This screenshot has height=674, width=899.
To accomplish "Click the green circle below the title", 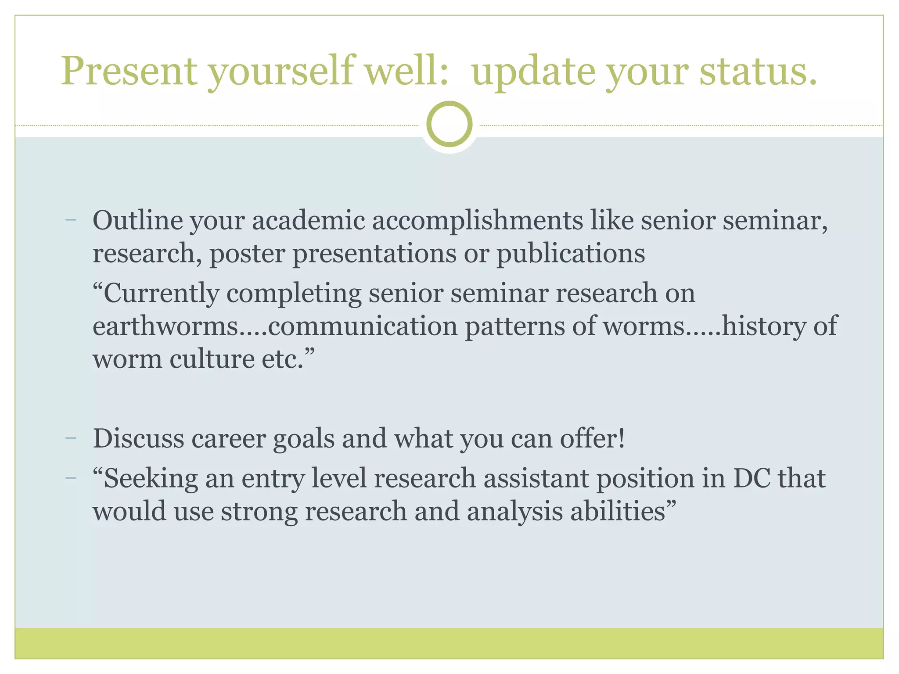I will (x=449, y=124).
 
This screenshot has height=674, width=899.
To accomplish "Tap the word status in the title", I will (x=758, y=71).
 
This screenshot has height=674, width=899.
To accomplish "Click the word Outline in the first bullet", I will (x=137, y=220).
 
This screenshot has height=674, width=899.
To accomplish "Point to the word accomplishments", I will (x=478, y=221).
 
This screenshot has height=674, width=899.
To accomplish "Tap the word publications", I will (x=571, y=254).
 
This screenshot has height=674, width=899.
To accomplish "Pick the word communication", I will (x=363, y=326).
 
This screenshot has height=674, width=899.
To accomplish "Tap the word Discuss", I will (x=138, y=438).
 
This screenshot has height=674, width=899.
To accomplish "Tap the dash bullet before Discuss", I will (x=70, y=438).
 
